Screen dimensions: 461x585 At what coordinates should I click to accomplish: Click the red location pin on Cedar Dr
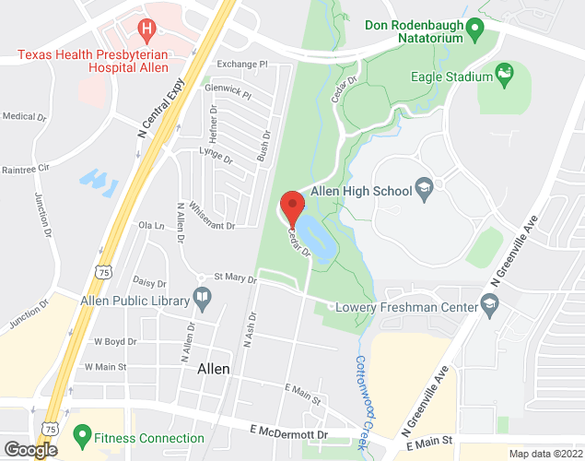(x=292, y=205)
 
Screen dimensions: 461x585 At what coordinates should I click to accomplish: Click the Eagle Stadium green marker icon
(x=504, y=72)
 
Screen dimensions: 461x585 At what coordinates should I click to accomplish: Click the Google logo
(x=29, y=449)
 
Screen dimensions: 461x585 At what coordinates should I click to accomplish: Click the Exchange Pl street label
(x=241, y=65)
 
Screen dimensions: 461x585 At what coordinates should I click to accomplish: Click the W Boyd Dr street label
(x=115, y=341)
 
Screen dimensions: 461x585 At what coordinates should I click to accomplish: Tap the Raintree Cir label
(x=24, y=170)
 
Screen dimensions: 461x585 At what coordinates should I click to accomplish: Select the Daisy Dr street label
(x=149, y=283)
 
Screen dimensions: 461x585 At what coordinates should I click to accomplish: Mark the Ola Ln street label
(x=150, y=225)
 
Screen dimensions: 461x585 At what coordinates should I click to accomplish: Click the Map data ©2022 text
(x=545, y=453)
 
